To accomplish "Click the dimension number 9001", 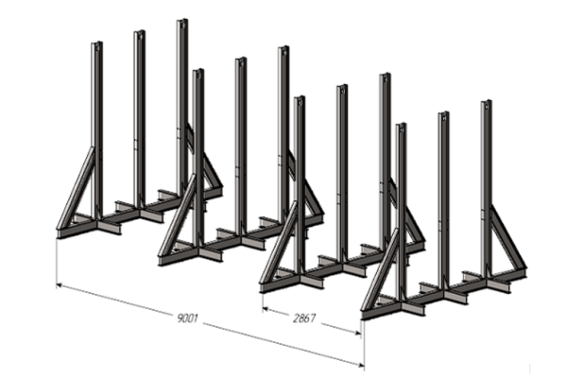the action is [x=187, y=318].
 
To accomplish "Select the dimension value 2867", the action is [x=304, y=318].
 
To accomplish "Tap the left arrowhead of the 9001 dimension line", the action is [x=60, y=285].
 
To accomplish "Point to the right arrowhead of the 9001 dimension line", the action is [x=360, y=365].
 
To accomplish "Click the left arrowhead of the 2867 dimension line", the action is [x=266, y=309].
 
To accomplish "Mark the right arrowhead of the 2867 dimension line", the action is [x=357, y=333].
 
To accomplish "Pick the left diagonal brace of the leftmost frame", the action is [x=76, y=187].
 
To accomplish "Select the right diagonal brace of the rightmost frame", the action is [x=508, y=237].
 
